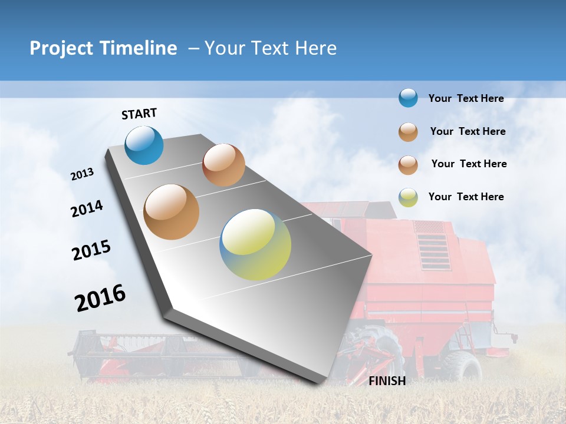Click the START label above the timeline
pyautogui.click(x=139, y=114)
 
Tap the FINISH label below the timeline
pyautogui.click(x=387, y=381)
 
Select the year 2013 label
pyautogui.click(x=83, y=174)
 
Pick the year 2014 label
pyautogui.click(x=87, y=209)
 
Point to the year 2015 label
pyautogui.click(x=91, y=250)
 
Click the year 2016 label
pyautogui.click(x=100, y=297)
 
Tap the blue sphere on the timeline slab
pyautogui.click(x=144, y=145)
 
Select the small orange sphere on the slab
pyautogui.click(x=223, y=165)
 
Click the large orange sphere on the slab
pyautogui.click(x=172, y=212)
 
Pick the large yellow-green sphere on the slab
pyautogui.click(x=255, y=244)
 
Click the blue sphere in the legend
pyautogui.click(x=408, y=98)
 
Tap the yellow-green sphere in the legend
pyautogui.click(x=408, y=197)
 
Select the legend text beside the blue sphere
pyautogui.click(x=466, y=98)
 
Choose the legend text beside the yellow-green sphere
pyautogui.click(x=466, y=197)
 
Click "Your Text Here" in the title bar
pyautogui.click(x=271, y=48)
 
